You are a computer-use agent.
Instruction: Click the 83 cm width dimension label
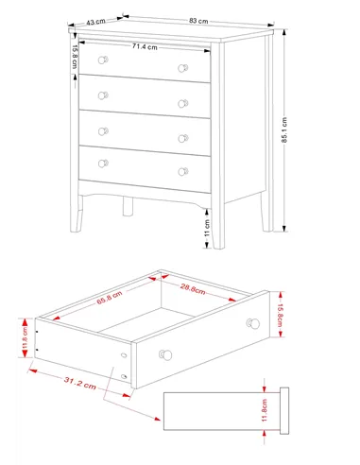click(x=198, y=21)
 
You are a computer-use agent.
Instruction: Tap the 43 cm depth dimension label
click(x=95, y=22)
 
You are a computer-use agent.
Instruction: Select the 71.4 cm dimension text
click(x=145, y=46)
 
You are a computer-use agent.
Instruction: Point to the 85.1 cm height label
click(x=284, y=129)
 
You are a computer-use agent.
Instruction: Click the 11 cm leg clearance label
click(x=207, y=229)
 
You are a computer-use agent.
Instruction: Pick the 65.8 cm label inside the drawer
click(x=110, y=298)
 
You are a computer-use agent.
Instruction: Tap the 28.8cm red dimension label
click(x=193, y=288)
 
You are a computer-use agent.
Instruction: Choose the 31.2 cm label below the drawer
click(x=80, y=383)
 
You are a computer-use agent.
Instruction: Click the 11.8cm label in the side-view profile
click(x=265, y=410)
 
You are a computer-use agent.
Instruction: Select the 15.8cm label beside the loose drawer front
click(x=280, y=315)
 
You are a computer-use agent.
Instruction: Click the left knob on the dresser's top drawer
click(x=103, y=60)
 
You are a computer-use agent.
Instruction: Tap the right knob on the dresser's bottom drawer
click(x=183, y=172)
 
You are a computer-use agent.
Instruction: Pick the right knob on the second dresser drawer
click(x=183, y=103)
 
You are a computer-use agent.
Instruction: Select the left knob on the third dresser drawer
click(x=103, y=131)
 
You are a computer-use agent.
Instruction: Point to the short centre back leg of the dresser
click(x=128, y=206)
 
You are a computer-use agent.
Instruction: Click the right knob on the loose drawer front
click(x=253, y=323)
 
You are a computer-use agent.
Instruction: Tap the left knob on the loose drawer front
click(x=165, y=354)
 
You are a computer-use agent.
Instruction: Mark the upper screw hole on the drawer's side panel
click(x=124, y=355)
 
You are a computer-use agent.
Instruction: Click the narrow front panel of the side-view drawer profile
click(x=284, y=411)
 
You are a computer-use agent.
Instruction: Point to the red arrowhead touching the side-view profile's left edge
click(x=157, y=419)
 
